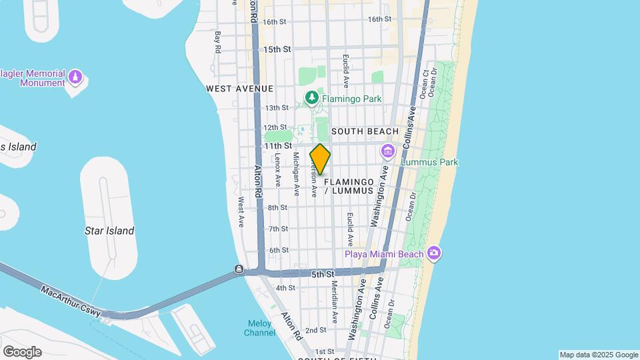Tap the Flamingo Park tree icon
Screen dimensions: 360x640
click(311, 99)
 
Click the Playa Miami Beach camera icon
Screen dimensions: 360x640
click(435, 253)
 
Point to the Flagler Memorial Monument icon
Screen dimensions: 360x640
click(75, 78)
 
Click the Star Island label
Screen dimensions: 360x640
click(109, 231)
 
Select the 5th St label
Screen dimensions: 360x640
click(322, 274)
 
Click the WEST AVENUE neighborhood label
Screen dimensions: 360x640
click(240, 89)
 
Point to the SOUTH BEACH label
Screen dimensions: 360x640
click(365, 131)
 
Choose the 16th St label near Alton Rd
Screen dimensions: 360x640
click(274, 22)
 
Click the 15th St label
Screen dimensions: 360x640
click(277, 49)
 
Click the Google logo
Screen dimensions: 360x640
click(22, 351)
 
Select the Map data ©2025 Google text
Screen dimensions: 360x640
click(599, 355)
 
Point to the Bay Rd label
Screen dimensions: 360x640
click(218, 41)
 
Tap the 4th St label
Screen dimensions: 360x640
click(285, 288)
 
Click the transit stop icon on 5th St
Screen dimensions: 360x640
click(239, 269)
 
